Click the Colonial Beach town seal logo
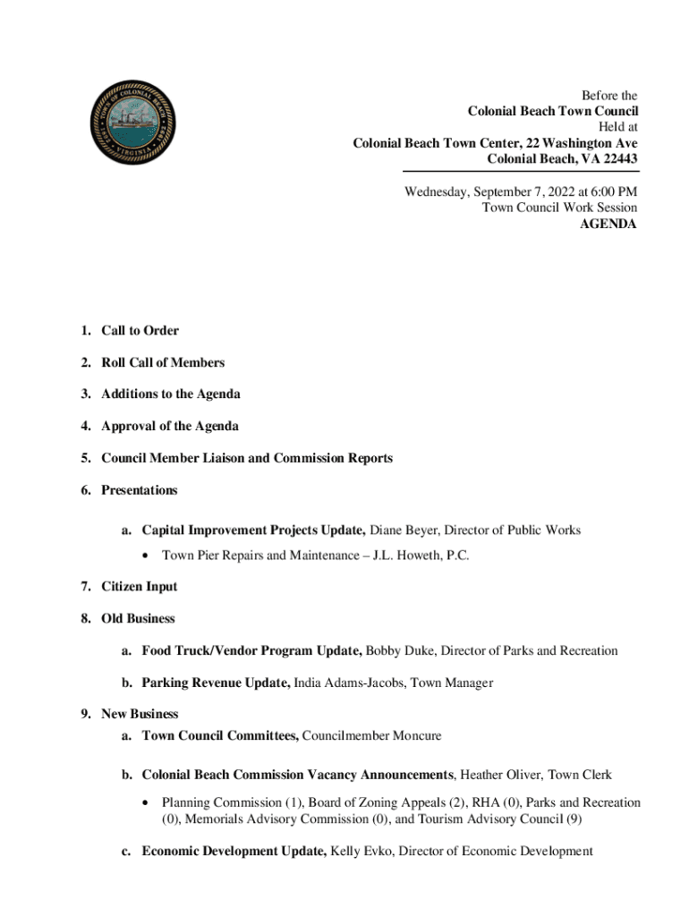point(133,123)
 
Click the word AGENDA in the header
point(608,225)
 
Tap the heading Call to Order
point(140,331)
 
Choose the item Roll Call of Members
point(163,363)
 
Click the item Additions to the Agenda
point(170,394)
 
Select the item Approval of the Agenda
point(170,427)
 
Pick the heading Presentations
point(140,491)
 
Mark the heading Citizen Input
point(140,587)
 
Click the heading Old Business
point(138,619)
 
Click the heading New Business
point(140,715)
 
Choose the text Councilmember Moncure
point(371,736)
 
